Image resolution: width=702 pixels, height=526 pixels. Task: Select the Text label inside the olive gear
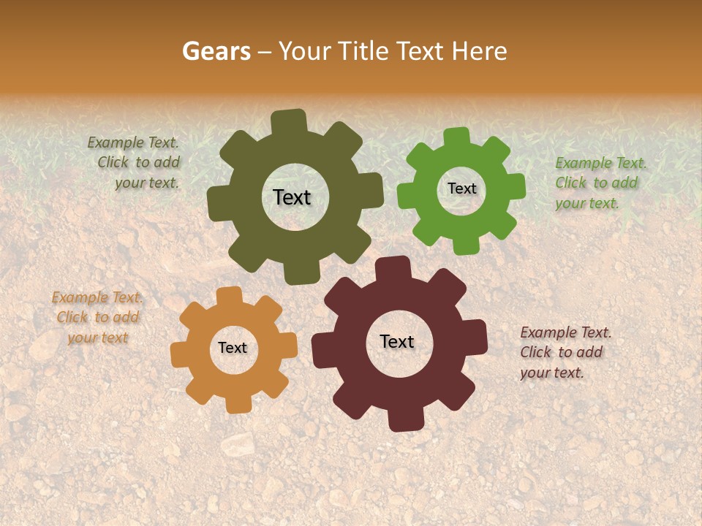(x=292, y=197)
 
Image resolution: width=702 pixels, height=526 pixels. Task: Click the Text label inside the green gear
(x=461, y=188)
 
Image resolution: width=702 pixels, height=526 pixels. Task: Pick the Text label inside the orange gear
(x=233, y=348)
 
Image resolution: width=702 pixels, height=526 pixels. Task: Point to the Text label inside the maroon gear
(x=397, y=341)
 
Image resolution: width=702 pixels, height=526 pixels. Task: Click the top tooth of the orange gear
(x=229, y=297)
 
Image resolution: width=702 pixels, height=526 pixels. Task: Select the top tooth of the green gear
(x=457, y=138)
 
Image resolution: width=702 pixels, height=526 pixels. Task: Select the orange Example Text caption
(x=97, y=317)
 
